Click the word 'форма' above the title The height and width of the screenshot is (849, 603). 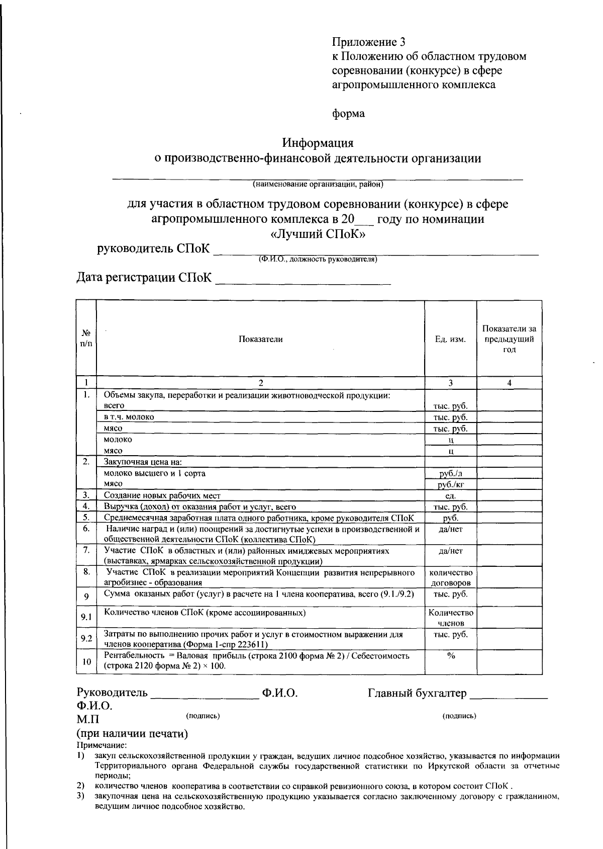point(348,114)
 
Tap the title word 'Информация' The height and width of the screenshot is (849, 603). point(318,143)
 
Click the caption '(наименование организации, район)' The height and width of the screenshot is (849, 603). point(318,185)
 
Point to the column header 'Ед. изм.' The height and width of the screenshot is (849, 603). point(450,339)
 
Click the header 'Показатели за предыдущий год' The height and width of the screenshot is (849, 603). point(509,339)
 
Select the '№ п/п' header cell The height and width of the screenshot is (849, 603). point(86,338)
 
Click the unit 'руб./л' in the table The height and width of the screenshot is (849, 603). point(450,473)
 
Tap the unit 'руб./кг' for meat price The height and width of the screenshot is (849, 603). point(450,485)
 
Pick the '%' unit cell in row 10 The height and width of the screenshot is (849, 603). point(450,656)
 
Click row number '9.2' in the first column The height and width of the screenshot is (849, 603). point(86,639)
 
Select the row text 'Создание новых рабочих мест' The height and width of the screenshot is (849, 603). point(162,496)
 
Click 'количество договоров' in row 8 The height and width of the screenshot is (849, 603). point(450,578)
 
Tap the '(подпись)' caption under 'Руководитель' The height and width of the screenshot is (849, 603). point(203,715)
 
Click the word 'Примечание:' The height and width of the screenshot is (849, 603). point(102,745)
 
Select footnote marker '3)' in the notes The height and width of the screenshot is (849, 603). point(80,796)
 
